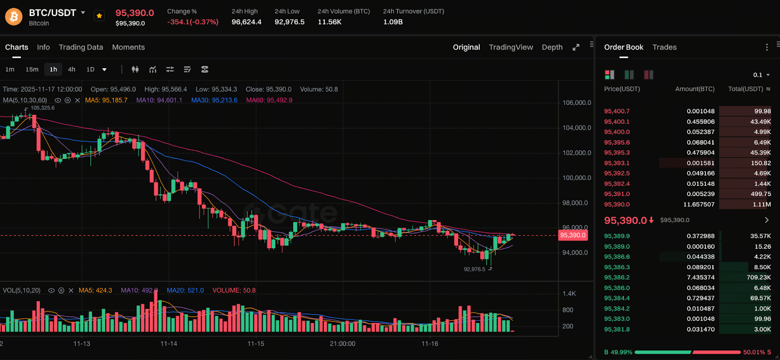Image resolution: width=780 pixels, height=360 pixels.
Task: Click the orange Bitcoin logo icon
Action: (14, 17)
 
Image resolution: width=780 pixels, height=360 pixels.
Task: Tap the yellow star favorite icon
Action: (99, 16)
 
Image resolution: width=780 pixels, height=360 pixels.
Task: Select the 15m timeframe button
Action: (32, 69)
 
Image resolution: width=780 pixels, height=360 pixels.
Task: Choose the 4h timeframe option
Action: (71, 69)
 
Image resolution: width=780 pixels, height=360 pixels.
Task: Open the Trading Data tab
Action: (81, 47)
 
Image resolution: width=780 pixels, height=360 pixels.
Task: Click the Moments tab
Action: (128, 47)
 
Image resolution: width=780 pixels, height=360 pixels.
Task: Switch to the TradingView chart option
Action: (511, 47)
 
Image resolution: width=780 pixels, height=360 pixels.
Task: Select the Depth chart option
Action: (552, 47)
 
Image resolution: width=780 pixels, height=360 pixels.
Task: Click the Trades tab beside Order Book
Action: (664, 47)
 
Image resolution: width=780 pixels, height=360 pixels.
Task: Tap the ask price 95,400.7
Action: (617, 111)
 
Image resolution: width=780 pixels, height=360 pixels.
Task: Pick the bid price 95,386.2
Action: (617, 278)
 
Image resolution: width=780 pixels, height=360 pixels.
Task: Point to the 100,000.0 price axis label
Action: (577, 178)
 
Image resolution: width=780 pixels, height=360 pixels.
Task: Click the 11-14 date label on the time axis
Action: (169, 343)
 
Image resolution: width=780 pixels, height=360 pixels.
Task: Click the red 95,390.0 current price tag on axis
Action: (573, 235)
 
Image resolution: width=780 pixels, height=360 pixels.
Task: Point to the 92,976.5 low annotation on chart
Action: (474, 269)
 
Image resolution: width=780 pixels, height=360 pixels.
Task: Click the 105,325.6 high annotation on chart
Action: (42, 108)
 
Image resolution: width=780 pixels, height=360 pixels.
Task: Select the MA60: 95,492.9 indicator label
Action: (269, 100)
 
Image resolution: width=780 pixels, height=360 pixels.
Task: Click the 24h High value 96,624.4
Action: (246, 22)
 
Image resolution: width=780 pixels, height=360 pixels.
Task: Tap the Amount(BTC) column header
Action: (695, 89)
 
